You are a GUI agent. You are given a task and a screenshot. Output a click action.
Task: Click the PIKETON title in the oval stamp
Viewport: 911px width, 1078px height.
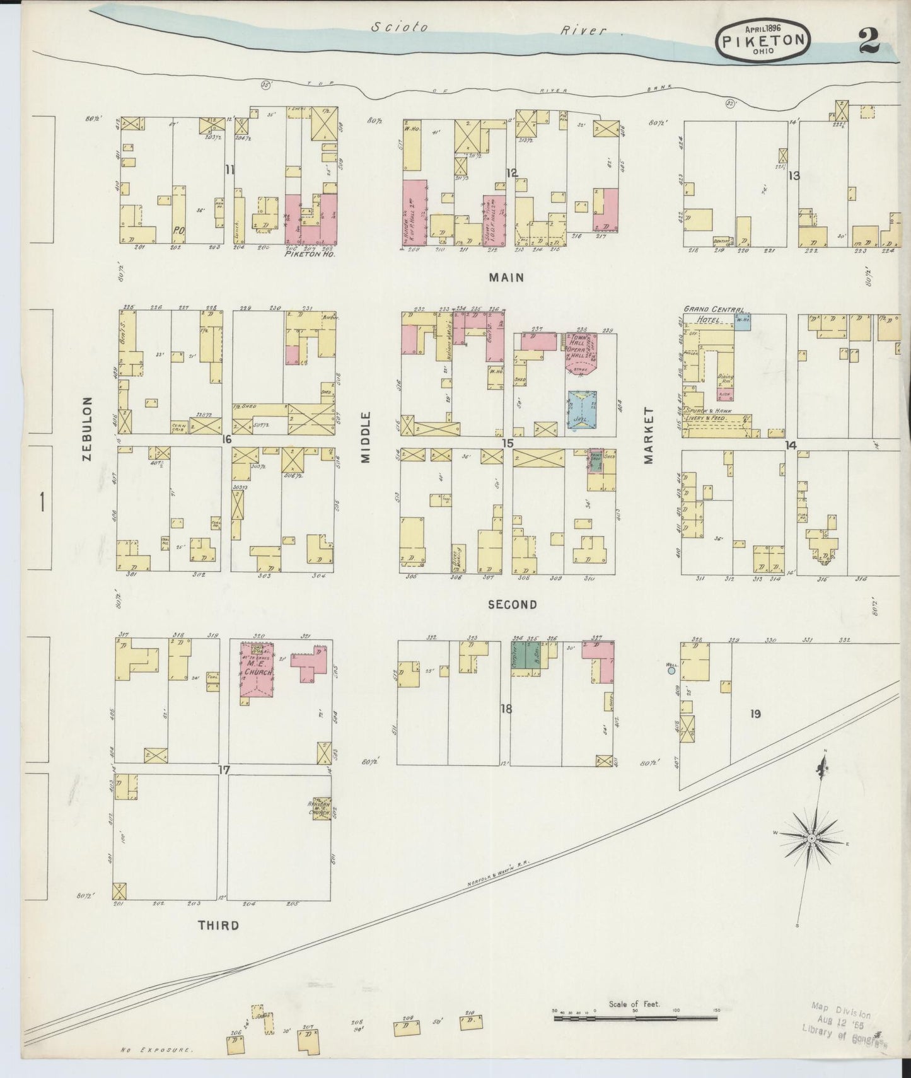click(762, 40)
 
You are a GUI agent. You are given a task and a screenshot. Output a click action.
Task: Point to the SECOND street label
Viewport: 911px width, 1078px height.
click(512, 605)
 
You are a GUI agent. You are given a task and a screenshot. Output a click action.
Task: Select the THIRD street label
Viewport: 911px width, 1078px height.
click(218, 925)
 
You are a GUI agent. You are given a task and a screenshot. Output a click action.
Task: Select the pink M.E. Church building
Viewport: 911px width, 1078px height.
click(256, 673)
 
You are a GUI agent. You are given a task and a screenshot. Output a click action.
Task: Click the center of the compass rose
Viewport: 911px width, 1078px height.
click(812, 837)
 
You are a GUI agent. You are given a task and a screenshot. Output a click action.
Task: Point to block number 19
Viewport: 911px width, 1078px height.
click(755, 714)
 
